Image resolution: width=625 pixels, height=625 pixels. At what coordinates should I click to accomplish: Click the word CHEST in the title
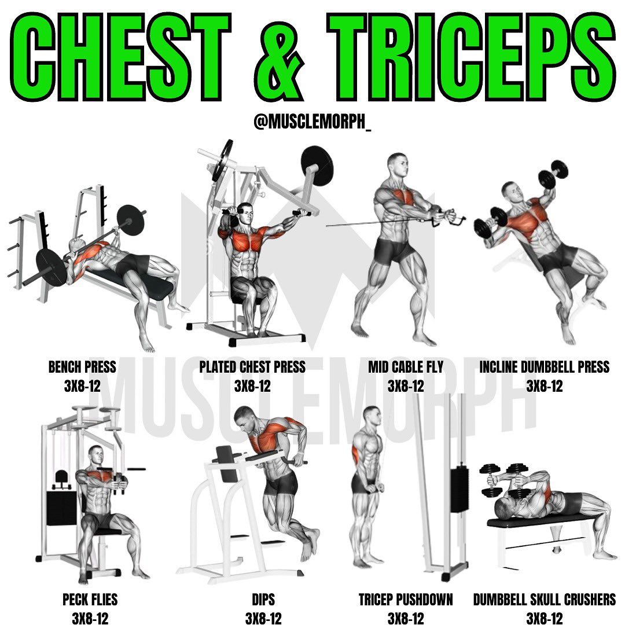click(120, 57)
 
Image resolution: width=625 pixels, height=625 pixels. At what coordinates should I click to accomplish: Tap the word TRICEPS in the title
click(472, 57)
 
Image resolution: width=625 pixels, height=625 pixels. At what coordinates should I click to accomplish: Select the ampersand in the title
click(279, 60)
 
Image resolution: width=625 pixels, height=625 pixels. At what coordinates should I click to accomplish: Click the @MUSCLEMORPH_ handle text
click(312, 121)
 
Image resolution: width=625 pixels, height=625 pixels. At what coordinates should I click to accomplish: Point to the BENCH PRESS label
click(82, 367)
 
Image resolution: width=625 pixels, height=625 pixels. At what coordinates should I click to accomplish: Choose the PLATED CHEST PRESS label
click(252, 367)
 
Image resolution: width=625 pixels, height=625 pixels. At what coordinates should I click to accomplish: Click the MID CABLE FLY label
click(405, 367)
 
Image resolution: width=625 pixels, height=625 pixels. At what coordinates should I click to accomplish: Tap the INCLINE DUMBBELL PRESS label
click(544, 367)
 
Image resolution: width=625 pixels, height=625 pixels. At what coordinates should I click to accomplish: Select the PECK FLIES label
click(90, 600)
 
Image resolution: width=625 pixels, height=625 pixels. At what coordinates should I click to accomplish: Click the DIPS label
click(263, 600)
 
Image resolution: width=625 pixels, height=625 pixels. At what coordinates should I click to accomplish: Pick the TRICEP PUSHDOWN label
click(405, 600)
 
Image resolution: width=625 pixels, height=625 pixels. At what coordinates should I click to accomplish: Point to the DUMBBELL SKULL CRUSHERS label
click(544, 600)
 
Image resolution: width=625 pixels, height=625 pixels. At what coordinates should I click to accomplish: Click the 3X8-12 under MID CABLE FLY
click(405, 386)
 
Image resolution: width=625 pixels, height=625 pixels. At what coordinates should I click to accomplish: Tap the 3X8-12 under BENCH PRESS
click(82, 386)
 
